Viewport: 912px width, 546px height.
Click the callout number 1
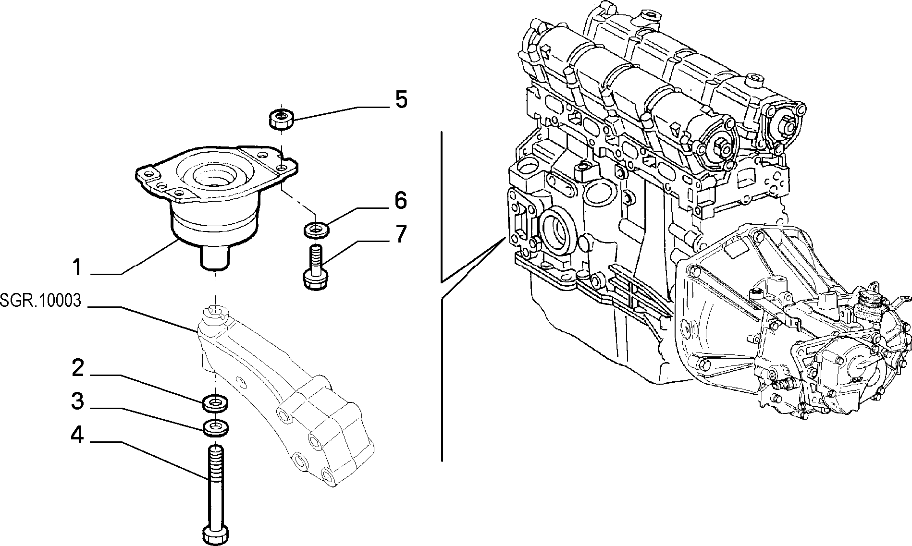77,267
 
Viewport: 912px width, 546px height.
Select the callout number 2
77,369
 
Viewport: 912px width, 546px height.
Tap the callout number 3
77,401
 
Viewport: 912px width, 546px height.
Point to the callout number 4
77,437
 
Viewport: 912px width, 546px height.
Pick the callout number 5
401,100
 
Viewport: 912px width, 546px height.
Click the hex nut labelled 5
279,119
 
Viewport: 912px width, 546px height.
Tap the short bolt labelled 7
315,268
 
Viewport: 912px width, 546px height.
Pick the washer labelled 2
215,403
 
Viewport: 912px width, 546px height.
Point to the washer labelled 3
215,427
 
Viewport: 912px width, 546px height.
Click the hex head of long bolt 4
215,535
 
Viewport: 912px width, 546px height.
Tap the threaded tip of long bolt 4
215,453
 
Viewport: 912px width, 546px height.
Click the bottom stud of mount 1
215,257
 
